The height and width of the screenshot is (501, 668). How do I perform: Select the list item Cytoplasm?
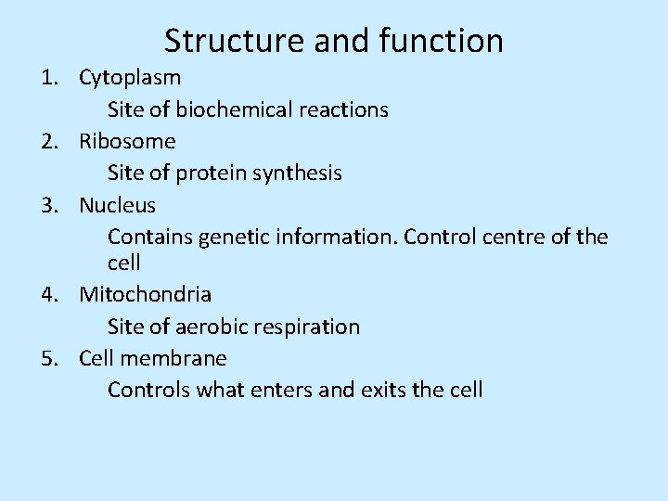click(130, 78)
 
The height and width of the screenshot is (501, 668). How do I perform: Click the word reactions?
click(343, 109)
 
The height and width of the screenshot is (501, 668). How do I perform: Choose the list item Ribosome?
click(127, 141)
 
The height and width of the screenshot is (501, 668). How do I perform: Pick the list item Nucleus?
click(118, 204)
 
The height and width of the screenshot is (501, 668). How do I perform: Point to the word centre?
click(514, 237)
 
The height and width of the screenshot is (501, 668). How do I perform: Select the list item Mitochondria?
click(146, 295)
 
